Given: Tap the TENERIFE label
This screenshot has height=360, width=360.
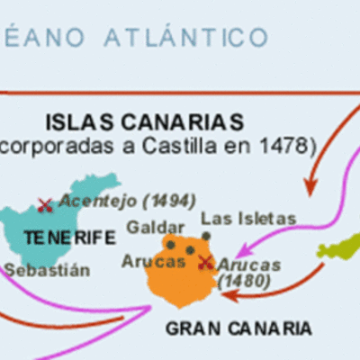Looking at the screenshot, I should [70, 238].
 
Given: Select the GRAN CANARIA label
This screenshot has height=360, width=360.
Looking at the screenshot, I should [238, 328].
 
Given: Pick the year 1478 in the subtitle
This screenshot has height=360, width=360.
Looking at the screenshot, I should [286, 143].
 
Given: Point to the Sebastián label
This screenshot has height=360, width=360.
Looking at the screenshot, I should [47, 268].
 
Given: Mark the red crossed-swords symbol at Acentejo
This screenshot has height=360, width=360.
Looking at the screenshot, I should [44, 205].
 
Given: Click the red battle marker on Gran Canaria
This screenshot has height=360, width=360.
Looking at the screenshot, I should [206, 262].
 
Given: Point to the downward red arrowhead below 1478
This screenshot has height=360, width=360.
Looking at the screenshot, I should [311, 186].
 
